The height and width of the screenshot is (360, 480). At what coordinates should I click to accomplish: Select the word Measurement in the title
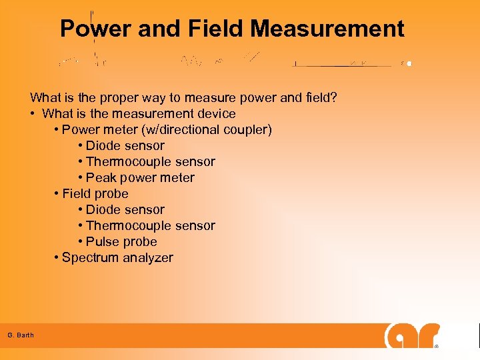click(327, 29)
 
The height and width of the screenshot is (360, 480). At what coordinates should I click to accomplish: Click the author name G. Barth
click(21, 335)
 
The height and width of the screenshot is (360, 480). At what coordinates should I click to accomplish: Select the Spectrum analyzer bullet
click(117, 258)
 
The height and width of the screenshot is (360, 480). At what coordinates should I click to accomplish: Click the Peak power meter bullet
click(141, 178)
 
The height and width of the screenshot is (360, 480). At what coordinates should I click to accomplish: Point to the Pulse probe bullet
click(122, 242)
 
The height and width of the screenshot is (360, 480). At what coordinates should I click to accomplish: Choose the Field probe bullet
click(95, 194)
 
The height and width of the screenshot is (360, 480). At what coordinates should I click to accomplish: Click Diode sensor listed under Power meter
click(125, 146)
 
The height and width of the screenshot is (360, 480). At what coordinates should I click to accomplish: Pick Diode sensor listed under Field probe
click(125, 210)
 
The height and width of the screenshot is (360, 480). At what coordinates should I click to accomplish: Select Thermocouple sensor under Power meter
click(151, 162)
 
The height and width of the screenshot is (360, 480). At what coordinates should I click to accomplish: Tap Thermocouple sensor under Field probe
click(151, 226)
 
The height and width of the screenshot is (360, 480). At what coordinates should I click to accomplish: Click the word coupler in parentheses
click(246, 130)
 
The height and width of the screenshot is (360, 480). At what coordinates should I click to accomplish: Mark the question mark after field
click(333, 98)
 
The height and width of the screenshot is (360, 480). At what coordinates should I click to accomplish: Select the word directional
click(192, 130)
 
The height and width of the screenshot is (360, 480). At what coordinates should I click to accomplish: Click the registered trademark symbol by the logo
click(437, 347)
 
